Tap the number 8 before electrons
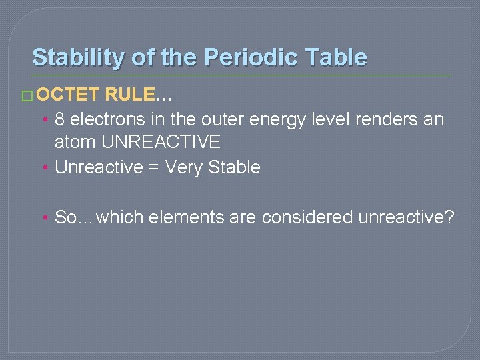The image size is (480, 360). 59,119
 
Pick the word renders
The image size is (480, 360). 376,119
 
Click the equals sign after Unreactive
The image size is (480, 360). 153,167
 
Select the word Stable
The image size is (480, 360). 234,167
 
